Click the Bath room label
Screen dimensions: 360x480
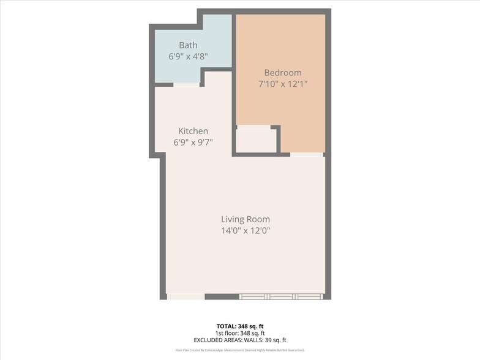tap(188, 45)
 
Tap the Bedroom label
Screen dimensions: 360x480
tap(282, 72)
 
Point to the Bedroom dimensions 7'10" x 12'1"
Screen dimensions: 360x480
tap(282, 83)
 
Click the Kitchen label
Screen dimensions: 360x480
tap(193, 131)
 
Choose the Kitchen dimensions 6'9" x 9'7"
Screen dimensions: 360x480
tap(193, 142)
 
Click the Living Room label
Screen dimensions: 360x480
tap(245, 219)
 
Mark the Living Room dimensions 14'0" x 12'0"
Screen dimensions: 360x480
tap(245, 231)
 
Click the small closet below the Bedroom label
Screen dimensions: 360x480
tap(256, 140)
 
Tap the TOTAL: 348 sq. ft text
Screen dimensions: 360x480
tap(240, 326)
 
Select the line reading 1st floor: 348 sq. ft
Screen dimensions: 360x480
tap(240, 333)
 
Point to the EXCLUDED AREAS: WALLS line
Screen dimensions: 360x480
tap(240, 340)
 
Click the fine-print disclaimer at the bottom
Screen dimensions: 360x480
tap(240, 350)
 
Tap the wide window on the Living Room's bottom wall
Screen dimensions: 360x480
tap(281, 296)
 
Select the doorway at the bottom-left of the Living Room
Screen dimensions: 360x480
tap(186, 296)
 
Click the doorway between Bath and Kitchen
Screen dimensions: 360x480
tap(186, 84)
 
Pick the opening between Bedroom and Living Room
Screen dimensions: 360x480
tap(307, 154)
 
